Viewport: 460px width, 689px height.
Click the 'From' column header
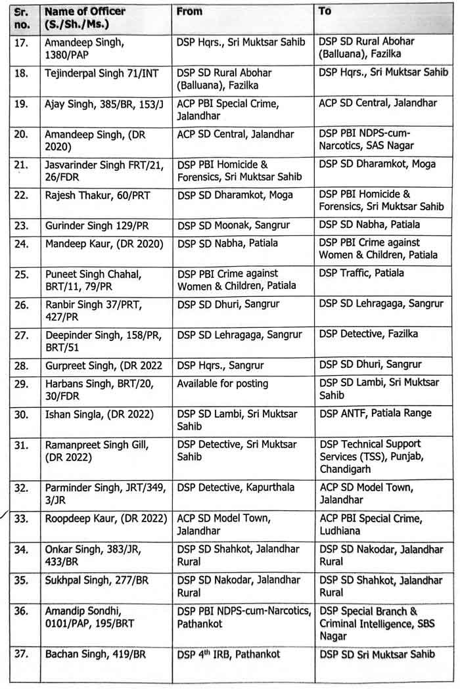[x=190, y=11]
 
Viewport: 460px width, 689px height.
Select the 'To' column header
[x=325, y=11]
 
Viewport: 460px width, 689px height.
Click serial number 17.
[x=21, y=41]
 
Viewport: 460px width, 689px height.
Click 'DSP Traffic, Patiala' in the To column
[x=361, y=273]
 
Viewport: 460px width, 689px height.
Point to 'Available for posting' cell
[x=223, y=383]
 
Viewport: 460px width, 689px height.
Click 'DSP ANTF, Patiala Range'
[x=375, y=413]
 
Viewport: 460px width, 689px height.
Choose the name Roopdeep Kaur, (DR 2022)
[x=104, y=518]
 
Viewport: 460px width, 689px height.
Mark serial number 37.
[x=21, y=654]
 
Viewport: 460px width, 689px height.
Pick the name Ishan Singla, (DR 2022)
[x=99, y=414]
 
